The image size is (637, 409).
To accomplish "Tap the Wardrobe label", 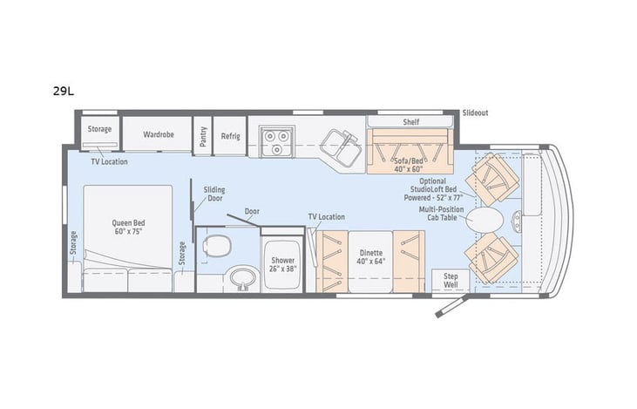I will tap(158, 135).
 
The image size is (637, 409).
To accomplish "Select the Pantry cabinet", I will tap(203, 136).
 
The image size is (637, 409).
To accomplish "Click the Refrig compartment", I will tap(230, 136).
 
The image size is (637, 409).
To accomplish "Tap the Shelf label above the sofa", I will tap(411, 122).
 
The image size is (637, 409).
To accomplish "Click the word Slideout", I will tap(475, 112).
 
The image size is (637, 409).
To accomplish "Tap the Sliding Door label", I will tap(214, 194).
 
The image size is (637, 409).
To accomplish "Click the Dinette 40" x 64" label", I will tap(372, 257).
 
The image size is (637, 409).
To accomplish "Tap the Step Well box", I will tap(451, 280).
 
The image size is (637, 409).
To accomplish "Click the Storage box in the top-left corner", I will tap(99, 130).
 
